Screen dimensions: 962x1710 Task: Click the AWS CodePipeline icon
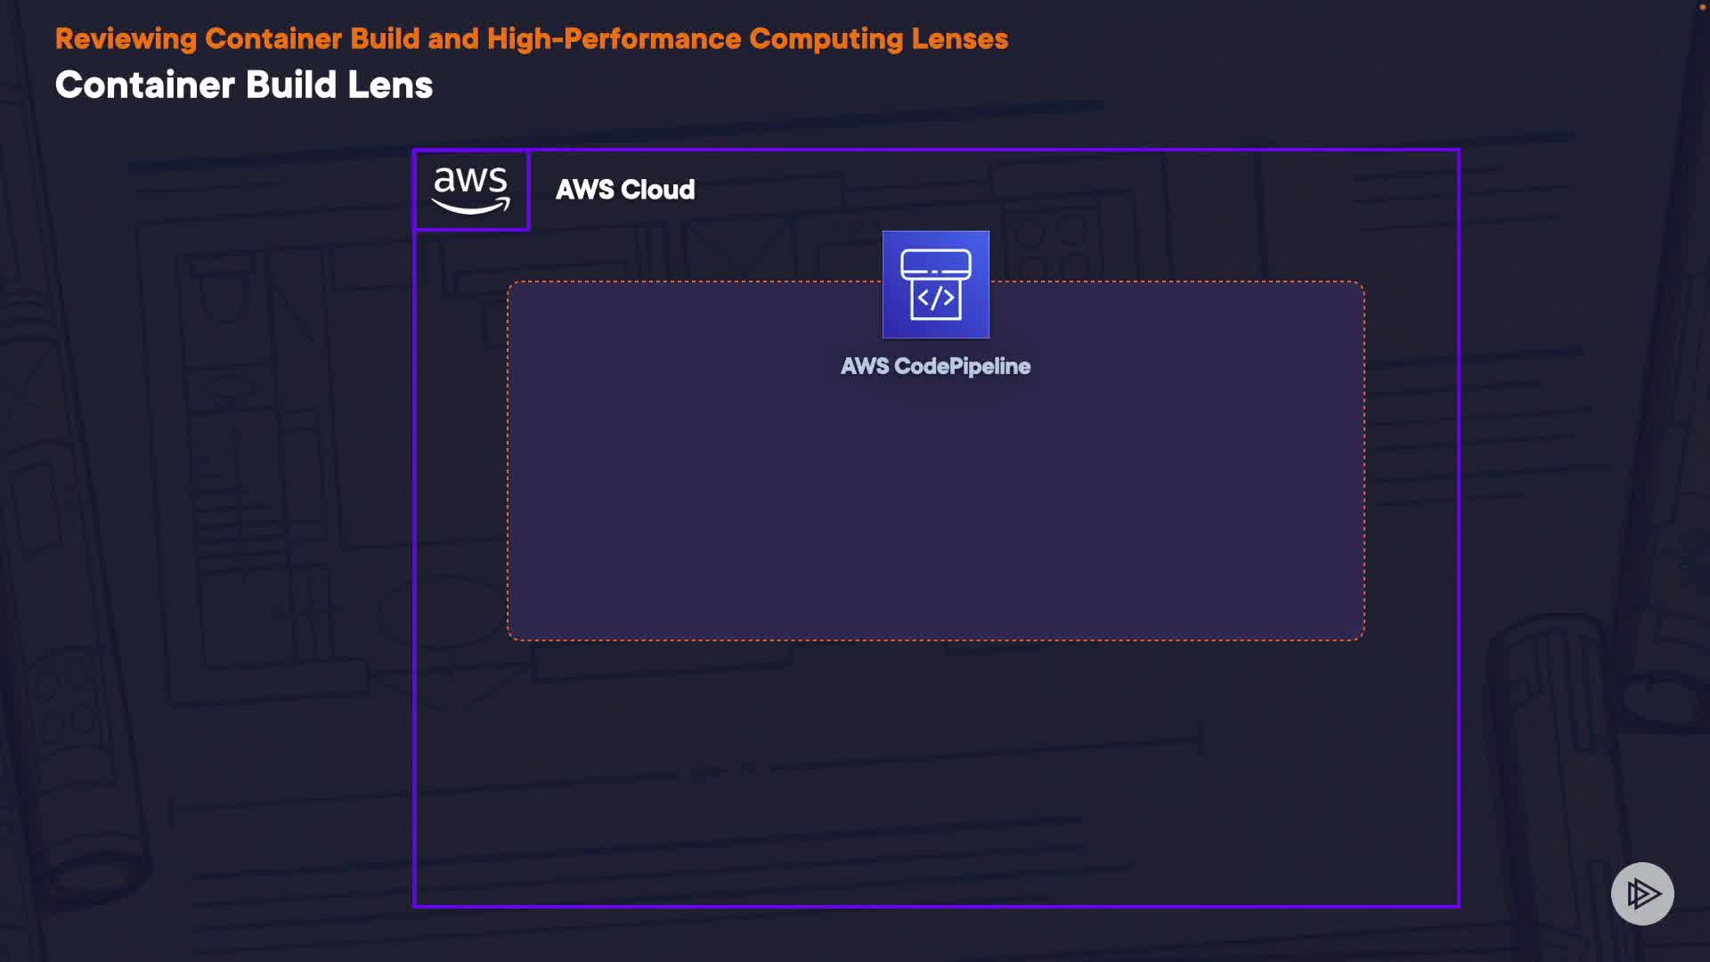pyautogui.click(x=935, y=284)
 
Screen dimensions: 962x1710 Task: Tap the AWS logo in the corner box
pyautogui.click(x=471, y=190)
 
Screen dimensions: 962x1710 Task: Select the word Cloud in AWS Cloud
pyautogui.click(x=657, y=190)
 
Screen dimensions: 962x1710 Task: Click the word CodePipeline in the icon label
pyautogui.click(x=962, y=366)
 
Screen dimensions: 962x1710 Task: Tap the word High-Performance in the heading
pyautogui.click(x=614, y=39)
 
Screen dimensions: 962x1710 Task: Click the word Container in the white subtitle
pyautogui.click(x=145, y=86)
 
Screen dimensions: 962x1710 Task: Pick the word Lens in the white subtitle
pyautogui.click(x=389, y=86)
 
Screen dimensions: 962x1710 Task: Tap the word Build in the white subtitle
pyautogui.click(x=290, y=86)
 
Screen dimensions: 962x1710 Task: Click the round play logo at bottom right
pyautogui.click(x=1642, y=893)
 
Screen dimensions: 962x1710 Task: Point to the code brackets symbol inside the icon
pyautogui.click(x=935, y=298)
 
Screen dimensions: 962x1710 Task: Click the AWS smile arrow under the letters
pyautogui.click(x=471, y=206)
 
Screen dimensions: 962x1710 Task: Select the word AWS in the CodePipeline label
pyautogui.click(x=864, y=366)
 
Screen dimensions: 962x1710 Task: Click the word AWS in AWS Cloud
pyautogui.click(x=584, y=190)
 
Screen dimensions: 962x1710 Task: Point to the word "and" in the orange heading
pyautogui.click(x=453, y=39)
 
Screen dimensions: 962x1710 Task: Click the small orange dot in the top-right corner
pyautogui.click(x=1702, y=7)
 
